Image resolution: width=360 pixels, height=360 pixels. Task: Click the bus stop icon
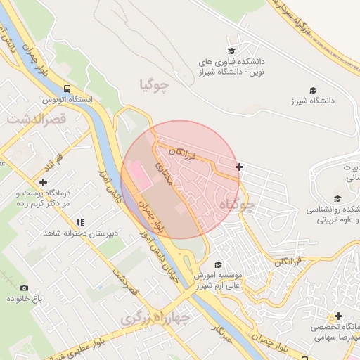(67, 89)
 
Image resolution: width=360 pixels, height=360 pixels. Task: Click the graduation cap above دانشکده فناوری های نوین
(231, 51)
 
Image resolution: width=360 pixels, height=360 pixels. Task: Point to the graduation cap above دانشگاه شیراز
(313, 90)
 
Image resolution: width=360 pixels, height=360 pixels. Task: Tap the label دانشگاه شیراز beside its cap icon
(314, 101)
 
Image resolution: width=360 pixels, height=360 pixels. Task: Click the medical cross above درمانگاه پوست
(44, 182)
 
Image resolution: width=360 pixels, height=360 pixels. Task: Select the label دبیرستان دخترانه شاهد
(80, 233)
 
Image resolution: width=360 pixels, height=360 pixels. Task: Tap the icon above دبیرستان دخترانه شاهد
(79, 222)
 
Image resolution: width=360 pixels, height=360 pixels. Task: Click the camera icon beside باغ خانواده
(25, 288)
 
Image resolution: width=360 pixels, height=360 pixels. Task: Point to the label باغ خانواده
(25, 299)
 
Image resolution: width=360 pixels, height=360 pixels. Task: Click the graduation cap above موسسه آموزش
(218, 265)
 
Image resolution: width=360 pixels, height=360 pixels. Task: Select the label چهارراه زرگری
(155, 318)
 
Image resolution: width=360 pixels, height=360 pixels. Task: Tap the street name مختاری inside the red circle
(163, 173)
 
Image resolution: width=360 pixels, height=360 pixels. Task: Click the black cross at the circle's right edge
(240, 167)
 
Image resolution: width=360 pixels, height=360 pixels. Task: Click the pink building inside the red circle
(141, 176)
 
